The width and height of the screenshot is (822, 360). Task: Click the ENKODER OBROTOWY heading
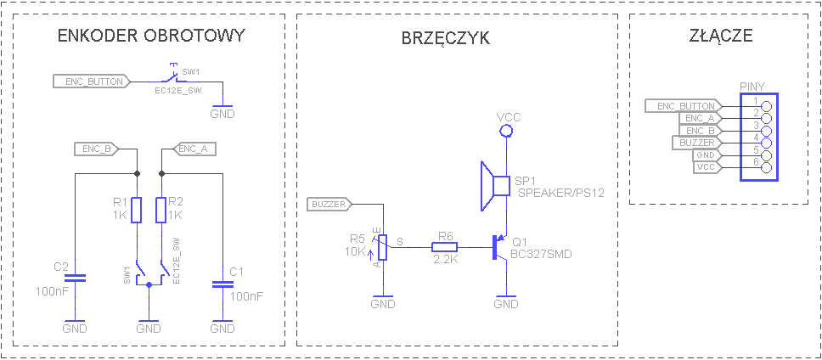tap(150, 36)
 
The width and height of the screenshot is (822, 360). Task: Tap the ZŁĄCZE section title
tap(722, 36)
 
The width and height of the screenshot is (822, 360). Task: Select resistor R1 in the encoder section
tap(136, 210)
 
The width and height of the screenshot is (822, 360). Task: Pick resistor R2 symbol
tap(161, 210)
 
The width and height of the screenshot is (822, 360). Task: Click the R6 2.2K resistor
tap(445, 248)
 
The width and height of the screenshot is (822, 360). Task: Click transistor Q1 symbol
tap(499, 248)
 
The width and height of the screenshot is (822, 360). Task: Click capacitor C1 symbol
tap(222, 284)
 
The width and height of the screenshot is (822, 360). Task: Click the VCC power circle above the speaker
tap(507, 131)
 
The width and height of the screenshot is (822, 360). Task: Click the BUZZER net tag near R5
tap(329, 204)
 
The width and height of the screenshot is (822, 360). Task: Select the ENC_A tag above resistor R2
tap(194, 149)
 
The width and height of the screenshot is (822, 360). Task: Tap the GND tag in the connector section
tap(705, 155)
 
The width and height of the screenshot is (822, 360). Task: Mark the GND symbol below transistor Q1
tap(506, 303)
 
